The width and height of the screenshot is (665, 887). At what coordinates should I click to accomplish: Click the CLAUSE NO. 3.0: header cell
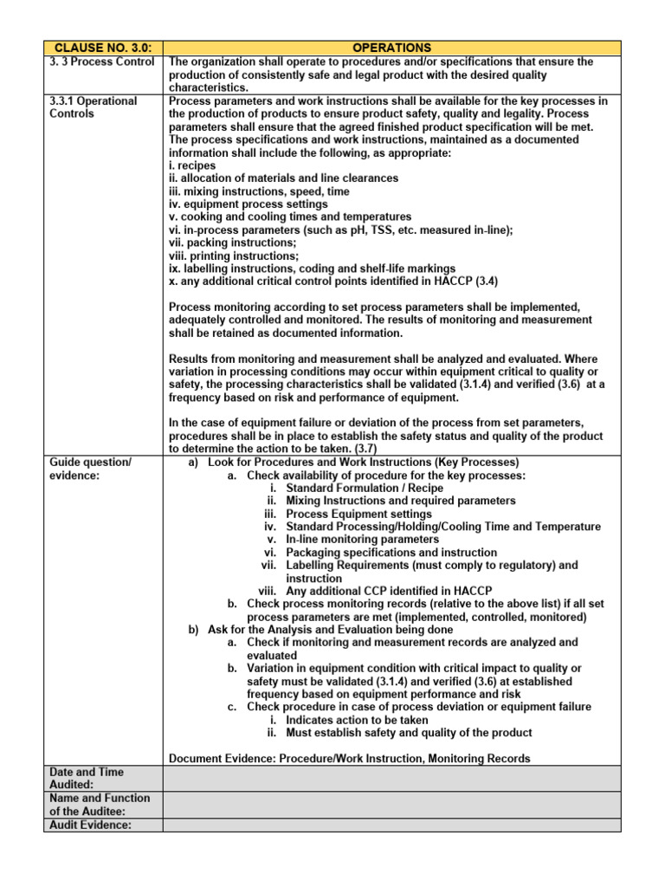point(102,48)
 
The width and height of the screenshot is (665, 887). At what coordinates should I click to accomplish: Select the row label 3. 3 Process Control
point(102,62)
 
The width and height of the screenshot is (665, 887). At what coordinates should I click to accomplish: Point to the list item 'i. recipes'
point(192,165)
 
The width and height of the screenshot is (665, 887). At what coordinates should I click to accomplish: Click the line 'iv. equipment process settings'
point(248,204)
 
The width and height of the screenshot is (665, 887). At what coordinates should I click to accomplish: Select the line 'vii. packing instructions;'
point(232,243)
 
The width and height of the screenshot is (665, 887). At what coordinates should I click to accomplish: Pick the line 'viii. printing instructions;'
point(234,256)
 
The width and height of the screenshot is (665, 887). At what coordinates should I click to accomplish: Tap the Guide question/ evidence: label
point(91,469)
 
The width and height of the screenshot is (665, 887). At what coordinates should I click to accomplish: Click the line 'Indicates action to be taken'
point(357,720)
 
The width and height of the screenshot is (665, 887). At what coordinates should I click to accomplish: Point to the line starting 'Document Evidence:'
point(350,758)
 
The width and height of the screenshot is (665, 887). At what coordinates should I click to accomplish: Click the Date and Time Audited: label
point(87,778)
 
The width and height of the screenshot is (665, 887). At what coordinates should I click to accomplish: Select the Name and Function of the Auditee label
point(100,804)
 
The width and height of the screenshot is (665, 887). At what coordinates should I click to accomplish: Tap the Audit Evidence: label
point(90,825)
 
